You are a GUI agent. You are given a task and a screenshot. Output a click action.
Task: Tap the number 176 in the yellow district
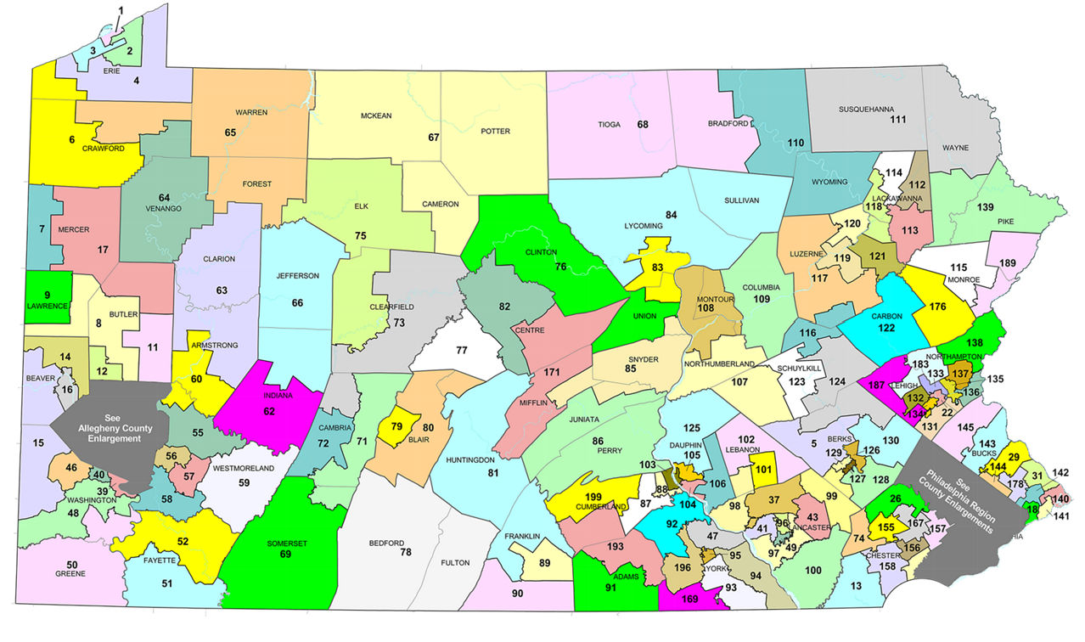(938, 307)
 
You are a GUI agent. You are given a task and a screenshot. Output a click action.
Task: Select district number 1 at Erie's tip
(120, 10)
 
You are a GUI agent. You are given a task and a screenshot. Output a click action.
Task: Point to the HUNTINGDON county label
(469, 459)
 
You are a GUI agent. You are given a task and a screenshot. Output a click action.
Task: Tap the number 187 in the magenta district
(877, 384)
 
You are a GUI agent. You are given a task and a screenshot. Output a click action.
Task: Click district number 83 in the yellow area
(656, 267)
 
